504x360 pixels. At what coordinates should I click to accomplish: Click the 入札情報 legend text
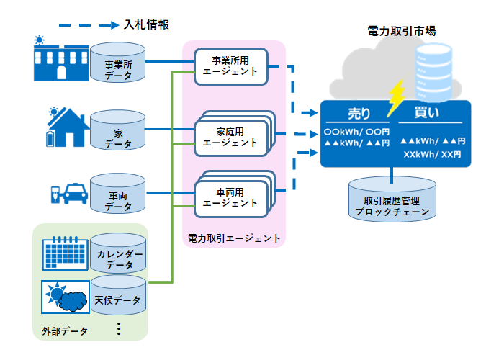146,24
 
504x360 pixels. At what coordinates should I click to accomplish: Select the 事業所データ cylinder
118,66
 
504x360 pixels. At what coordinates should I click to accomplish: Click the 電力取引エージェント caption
234,237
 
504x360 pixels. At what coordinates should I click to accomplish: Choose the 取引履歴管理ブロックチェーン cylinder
392,202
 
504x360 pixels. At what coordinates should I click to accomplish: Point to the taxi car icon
73,194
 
